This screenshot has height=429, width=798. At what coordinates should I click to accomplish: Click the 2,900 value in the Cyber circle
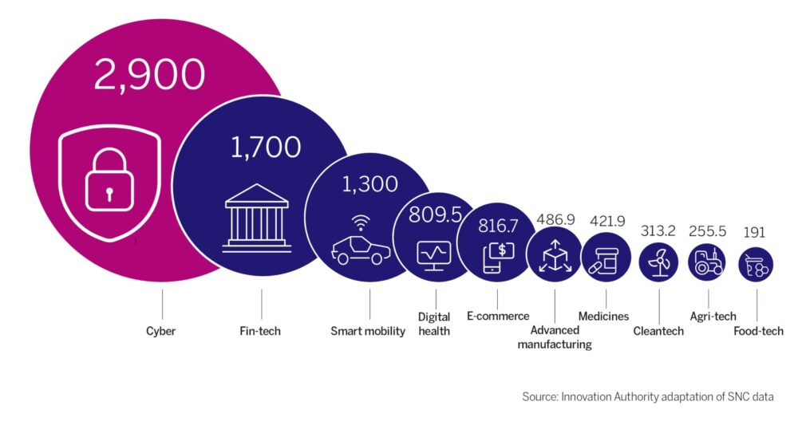click(150, 75)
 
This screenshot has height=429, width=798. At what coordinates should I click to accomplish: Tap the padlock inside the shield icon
click(109, 179)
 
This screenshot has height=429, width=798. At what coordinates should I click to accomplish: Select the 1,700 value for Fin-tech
click(266, 148)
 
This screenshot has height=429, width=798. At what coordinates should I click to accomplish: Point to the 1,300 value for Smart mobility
click(369, 184)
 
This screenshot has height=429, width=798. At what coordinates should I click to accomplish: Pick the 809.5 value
click(435, 215)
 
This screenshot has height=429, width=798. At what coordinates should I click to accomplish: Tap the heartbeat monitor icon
click(433, 255)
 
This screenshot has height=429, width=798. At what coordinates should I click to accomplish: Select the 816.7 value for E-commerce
click(498, 226)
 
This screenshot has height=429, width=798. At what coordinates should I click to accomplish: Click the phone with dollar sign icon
click(498, 258)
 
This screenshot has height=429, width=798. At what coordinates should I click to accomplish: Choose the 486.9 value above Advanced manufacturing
click(555, 219)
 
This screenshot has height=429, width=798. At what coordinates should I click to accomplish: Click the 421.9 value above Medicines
click(607, 221)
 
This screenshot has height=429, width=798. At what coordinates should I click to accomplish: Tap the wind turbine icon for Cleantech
click(658, 262)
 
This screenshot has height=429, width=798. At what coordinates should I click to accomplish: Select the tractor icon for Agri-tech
click(707, 262)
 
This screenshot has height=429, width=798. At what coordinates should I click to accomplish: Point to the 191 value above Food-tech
click(754, 232)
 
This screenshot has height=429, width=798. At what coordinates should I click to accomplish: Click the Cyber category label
click(161, 332)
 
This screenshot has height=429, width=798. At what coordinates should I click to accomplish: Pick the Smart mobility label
click(367, 332)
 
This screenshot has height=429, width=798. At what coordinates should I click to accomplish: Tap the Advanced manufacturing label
click(555, 337)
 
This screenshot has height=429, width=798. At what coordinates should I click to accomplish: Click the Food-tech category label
click(758, 332)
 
